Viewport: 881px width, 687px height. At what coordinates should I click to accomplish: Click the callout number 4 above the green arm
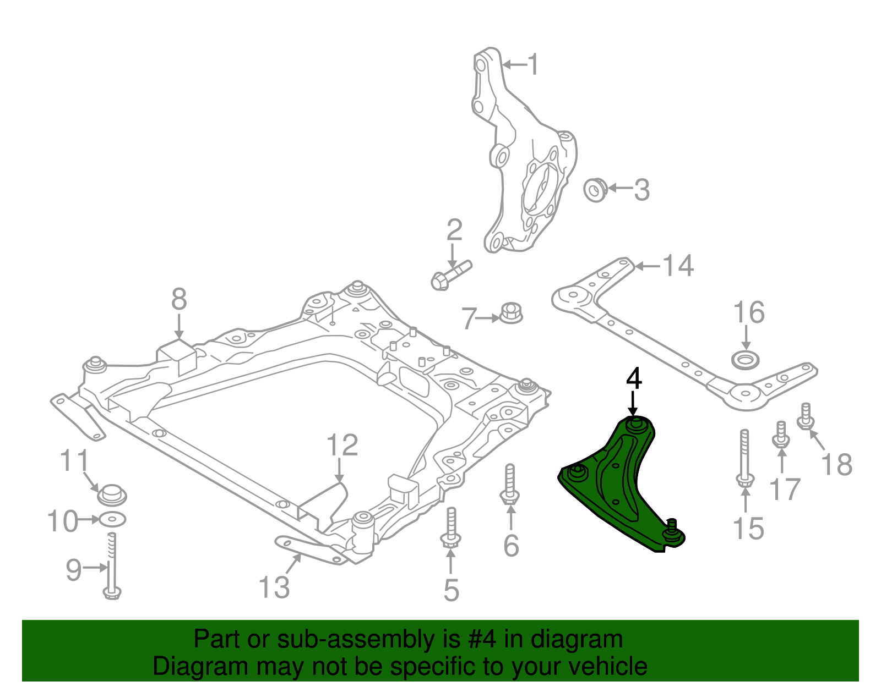point(634,379)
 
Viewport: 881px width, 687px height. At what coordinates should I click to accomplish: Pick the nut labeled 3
point(595,189)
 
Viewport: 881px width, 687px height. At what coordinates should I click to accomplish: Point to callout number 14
point(677,266)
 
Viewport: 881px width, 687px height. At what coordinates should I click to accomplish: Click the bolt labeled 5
point(450,528)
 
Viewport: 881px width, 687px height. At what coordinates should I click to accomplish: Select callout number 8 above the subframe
point(179,300)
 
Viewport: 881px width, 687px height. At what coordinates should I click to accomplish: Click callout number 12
point(342,446)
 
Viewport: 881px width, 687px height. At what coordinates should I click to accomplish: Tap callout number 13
point(274,587)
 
